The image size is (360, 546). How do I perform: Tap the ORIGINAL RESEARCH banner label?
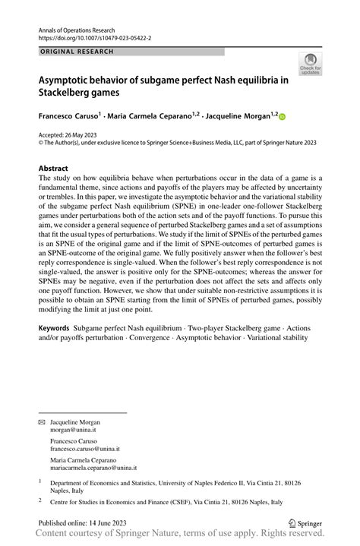[75, 51]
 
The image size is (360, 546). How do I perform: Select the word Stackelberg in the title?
[70, 93]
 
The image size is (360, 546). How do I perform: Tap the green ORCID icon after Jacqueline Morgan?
[283, 117]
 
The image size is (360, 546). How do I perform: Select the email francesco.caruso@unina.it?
[84, 449]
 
